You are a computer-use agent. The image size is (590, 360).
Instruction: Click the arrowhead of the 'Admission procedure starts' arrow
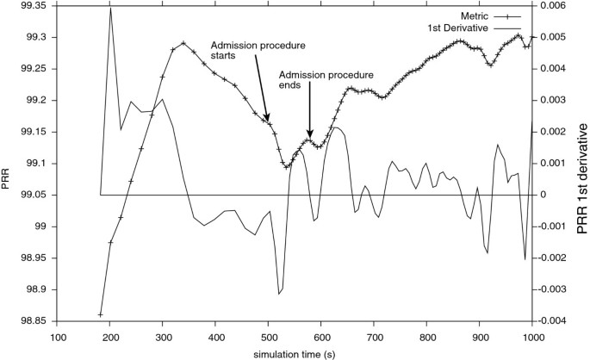tap(268, 121)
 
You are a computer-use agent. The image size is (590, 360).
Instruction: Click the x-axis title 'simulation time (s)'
tap(295, 354)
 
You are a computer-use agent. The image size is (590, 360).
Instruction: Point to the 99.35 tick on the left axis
tap(32, 5)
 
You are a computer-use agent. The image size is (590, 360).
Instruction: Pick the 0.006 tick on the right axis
tap(556, 5)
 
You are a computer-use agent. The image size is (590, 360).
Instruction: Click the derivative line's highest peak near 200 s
tap(110, 8)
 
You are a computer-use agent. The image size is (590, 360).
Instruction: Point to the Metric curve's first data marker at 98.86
tap(101, 314)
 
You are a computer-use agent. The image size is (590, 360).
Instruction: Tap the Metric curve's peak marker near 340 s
tap(183, 42)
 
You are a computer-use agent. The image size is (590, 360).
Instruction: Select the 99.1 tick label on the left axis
tap(35, 163)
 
